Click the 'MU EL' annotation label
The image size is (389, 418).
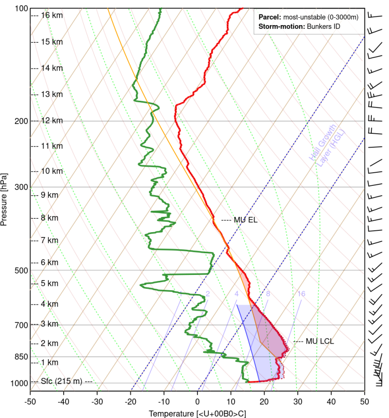click(x=246, y=220)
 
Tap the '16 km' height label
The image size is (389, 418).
click(x=52, y=15)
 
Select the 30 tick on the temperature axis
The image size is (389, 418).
click(x=297, y=399)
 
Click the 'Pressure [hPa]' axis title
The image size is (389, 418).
click(x=4, y=200)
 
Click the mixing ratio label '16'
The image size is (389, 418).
click(x=301, y=294)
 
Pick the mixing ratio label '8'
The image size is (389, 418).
click(x=268, y=294)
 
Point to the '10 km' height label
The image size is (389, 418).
click(x=52, y=171)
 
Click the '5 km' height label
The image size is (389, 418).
click(x=50, y=283)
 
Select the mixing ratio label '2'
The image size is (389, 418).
click(x=208, y=294)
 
